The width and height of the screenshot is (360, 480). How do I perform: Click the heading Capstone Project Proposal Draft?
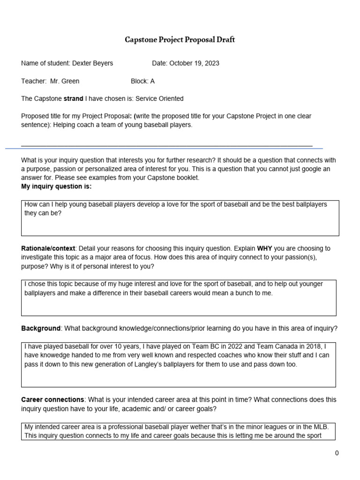(180, 40)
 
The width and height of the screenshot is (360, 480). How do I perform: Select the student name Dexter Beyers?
(92, 63)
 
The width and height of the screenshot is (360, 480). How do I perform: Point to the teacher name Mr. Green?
(65, 81)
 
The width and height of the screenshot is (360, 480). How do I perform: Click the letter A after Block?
(152, 81)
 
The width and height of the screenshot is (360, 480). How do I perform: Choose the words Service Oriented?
(160, 98)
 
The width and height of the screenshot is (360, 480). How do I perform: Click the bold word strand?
(73, 98)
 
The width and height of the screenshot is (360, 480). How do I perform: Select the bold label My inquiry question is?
(56, 187)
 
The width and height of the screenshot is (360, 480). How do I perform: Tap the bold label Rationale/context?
(48, 248)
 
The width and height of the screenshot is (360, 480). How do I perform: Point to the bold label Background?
(41, 328)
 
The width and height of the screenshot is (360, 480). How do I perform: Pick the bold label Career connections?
(53, 399)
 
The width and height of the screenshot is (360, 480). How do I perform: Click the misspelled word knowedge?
(55, 355)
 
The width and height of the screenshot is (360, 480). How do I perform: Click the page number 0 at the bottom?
(337, 453)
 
